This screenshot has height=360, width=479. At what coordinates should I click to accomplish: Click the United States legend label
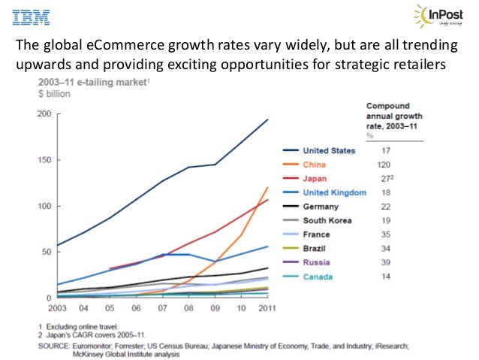coord(330,150)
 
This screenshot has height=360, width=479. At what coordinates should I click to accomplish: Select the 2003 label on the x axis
coord(57,307)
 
